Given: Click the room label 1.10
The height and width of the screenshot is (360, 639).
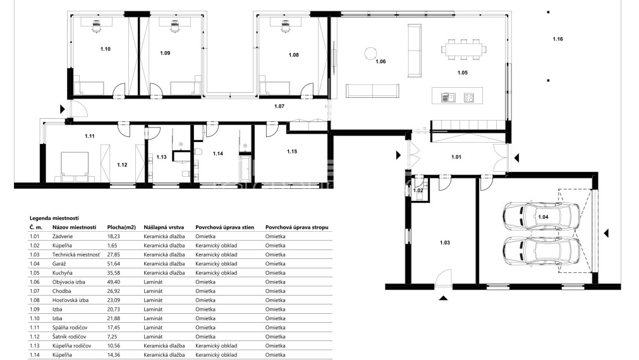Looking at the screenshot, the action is [105, 49].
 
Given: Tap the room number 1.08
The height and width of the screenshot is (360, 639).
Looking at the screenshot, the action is [293, 55].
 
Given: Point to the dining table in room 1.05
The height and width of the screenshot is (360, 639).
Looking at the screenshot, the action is [464, 49].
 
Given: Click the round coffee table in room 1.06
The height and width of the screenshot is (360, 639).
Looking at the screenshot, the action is [370, 53].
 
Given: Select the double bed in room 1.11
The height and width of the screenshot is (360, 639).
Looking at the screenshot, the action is [75, 167].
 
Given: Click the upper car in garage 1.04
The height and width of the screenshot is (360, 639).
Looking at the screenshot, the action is [541, 216].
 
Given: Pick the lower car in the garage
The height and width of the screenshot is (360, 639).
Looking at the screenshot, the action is [541, 251].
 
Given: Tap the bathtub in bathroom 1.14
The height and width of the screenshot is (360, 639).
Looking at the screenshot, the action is [246, 168].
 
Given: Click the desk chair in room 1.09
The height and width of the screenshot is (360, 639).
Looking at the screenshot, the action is [174, 27].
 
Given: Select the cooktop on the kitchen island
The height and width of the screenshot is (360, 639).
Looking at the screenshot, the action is [468, 98].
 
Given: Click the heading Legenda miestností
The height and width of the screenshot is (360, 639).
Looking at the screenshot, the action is [54, 219].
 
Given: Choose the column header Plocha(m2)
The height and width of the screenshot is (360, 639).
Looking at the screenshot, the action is [121, 227].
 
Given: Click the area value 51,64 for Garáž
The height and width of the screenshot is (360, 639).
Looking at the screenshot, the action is [114, 263].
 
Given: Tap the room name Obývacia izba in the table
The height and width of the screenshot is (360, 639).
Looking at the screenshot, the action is [69, 282].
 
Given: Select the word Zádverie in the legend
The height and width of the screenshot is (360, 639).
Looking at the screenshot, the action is [63, 236].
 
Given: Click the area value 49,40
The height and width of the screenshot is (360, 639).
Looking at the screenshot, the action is [114, 282].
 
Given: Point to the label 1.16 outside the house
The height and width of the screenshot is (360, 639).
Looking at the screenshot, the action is [558, 39].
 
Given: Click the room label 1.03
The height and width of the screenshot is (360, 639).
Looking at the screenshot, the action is [444, 243].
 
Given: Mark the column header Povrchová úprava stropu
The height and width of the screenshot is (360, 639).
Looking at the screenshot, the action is [296, 227].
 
